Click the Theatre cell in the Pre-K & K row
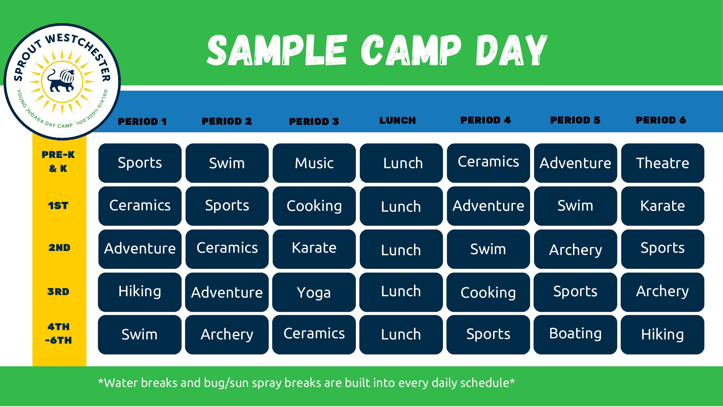663,163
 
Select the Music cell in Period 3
314,163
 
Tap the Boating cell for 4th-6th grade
575,335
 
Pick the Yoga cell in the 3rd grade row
314,292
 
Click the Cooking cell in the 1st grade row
314,206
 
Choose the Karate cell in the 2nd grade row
314,249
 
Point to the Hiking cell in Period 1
140,292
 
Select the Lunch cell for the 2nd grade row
401,249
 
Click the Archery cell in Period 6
663,292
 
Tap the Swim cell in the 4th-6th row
140,335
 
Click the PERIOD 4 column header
486,120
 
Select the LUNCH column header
398,120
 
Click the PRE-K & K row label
58,161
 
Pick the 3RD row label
58,292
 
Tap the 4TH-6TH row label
58,334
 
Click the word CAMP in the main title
411,50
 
